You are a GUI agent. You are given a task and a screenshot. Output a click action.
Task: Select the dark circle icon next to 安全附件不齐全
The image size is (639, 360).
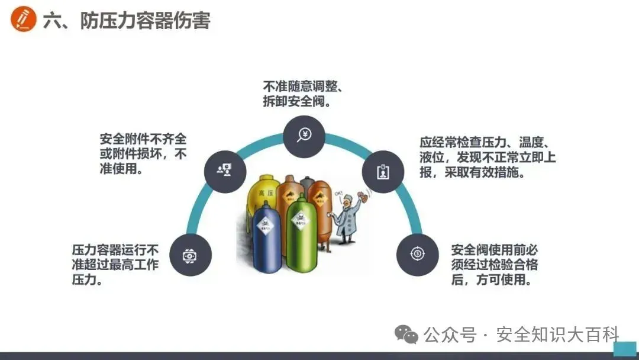click(225, 171)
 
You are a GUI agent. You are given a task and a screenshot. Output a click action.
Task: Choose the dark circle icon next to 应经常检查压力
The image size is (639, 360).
click(383, 171)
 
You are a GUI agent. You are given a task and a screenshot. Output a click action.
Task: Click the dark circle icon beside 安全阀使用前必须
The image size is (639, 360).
click(418, 255)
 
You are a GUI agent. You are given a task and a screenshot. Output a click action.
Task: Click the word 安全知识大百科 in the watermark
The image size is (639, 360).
click(557, 335)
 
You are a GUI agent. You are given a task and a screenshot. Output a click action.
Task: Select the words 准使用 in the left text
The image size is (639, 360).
click(120, 169)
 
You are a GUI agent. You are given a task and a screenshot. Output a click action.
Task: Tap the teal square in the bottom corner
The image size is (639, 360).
click(624, 349)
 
